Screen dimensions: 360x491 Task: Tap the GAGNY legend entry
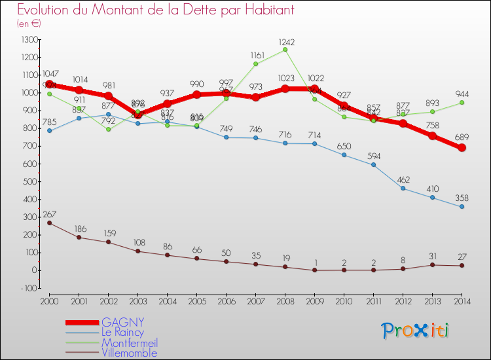click(x=124, y=322)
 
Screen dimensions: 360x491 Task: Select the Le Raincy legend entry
click(x=124, y=333)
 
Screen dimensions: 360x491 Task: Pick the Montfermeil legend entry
click(x=130, y=342)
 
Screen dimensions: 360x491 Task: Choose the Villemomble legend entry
click(x=130, y=353)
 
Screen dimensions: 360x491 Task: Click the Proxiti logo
click(x=416, y=331)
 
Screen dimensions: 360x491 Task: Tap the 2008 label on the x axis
click(x=285, y=300)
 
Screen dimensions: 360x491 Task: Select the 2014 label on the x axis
click(x=462, y=300)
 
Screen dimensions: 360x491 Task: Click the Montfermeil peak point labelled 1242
click(x=285, y=49)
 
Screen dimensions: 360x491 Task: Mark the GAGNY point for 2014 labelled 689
click(x=462, y=148)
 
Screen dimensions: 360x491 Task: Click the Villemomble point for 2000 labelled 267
click(x=49, y=223)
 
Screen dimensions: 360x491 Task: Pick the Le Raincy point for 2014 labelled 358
click(x=462, y=207)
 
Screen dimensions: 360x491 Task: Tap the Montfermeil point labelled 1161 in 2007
click(x=255, y=63)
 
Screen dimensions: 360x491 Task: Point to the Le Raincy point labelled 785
click(x=49, y=130)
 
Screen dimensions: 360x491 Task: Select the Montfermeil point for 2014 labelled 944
click(x=462, y=102)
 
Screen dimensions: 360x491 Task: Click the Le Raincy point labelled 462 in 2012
click(x=403, y=188)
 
